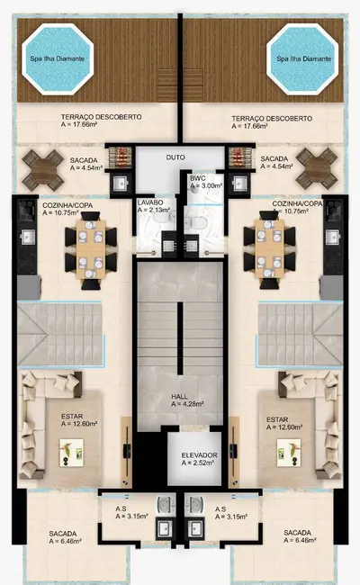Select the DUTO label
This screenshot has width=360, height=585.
pos(176,157)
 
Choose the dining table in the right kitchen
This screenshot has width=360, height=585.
pos(269,246)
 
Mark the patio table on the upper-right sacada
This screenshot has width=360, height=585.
pos(314,166)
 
